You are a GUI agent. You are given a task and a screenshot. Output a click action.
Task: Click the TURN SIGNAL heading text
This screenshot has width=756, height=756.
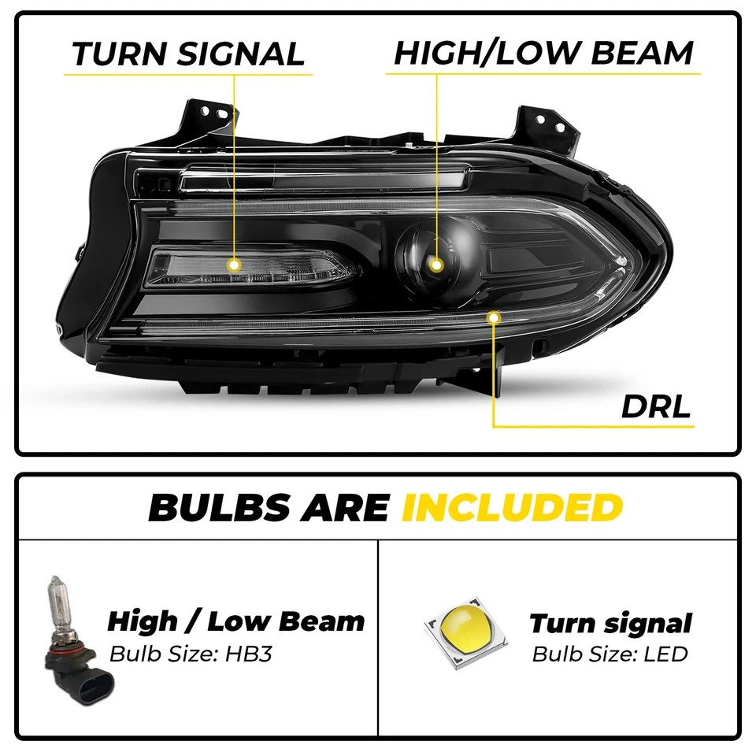click(187, 54)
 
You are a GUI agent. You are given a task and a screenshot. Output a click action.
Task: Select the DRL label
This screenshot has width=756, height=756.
click(655, 406)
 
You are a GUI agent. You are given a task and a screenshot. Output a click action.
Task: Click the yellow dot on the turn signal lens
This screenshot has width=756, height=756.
click(234, 265)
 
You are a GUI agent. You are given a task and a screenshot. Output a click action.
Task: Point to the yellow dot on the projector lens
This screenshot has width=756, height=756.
click(436, 265)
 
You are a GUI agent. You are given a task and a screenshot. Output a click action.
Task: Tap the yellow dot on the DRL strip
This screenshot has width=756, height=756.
click(494, 317)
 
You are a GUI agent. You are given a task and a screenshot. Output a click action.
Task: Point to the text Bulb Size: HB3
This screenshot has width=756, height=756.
click(191, 654)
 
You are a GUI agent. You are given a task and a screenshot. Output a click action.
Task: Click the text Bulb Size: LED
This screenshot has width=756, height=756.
click(610, 654)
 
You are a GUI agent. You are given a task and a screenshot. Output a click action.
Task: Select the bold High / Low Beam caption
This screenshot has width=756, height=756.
click(235, 621)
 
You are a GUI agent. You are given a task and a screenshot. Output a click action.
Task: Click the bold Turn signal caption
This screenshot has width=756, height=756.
click(610, 624)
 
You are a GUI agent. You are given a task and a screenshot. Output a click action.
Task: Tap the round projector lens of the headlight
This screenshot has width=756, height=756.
click(428, 256)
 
